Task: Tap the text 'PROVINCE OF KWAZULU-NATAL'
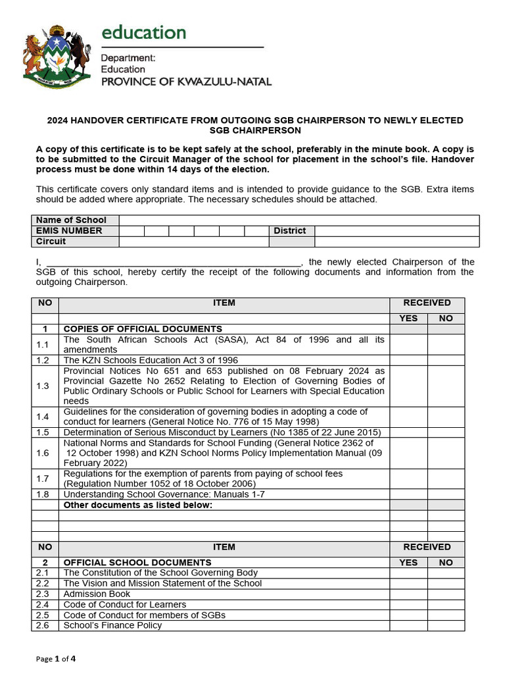(x=185, y=82)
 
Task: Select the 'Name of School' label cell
(x=75, y=220)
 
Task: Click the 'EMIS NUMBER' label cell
(x=75, y=230)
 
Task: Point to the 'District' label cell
(x=291, y=230)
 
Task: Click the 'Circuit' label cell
(x=75, y=241)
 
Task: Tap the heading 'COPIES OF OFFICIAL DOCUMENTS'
(x=142, y=328)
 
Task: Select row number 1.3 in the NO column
(x=45, y=386)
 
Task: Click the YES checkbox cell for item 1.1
(x=408, y=344)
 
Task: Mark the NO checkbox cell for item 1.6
(x=446, y=453)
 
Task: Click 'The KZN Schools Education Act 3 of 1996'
(x=151, y=360)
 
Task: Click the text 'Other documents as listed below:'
(x=137, y=505)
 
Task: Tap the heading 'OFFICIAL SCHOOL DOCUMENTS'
(x=137, y=562)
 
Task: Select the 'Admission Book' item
(x=97, y=594)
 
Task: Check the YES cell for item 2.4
(x=408, y=604)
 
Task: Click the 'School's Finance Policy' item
(x=112, y=625)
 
